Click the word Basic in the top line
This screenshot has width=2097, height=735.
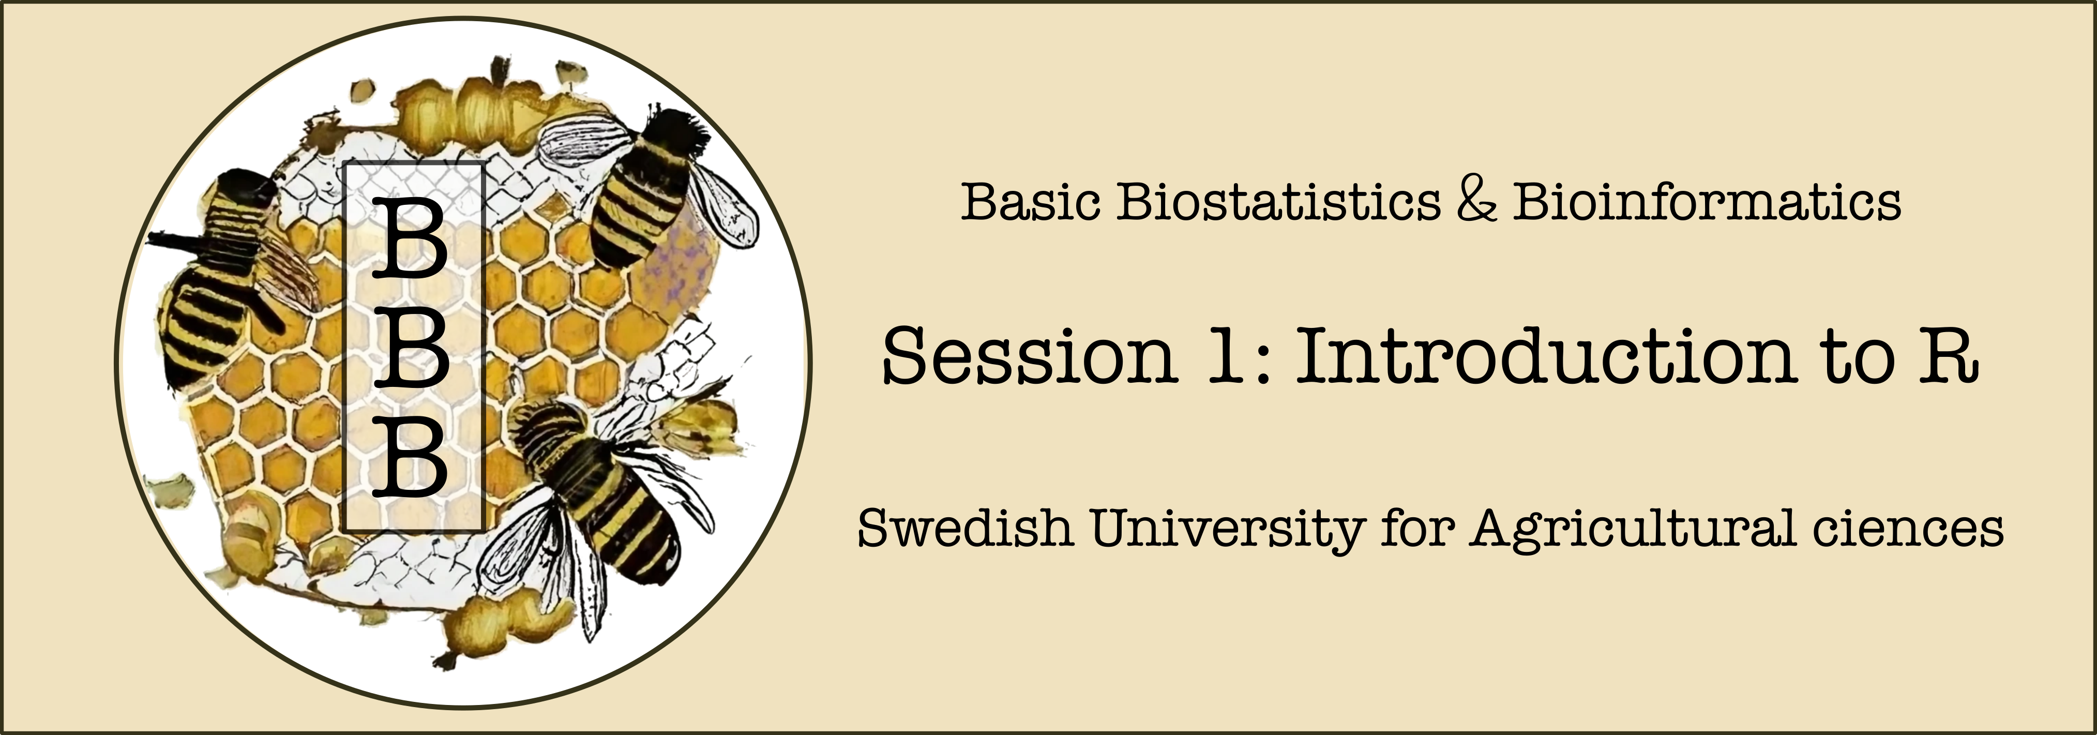(x=1031, y=201)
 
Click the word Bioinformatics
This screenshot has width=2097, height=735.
(x=1706, y=201)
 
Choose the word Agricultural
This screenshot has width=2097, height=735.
(x=1632, y=530)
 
